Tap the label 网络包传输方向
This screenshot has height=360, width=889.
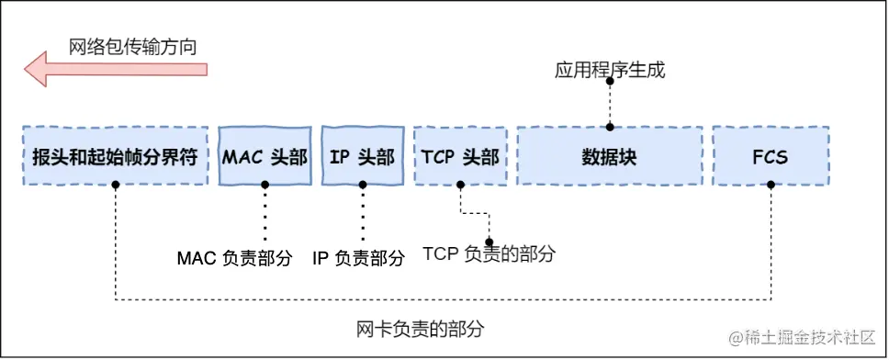(x=133, y=45)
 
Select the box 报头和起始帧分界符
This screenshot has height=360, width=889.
(x=115, y=156)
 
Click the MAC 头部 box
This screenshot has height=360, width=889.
(x=264, y=156)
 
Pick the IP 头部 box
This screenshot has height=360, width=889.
(x=362, y=156)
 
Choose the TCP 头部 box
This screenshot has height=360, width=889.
(x=460, y=156)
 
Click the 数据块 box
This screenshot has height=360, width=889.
(x=609, y=156)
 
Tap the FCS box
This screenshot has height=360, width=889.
(x=770, y=156)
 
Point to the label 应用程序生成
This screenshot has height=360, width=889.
(x=610, y=70)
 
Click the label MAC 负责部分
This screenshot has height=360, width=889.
(x=234, y=259)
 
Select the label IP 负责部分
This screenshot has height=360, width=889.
(x=358, y=259)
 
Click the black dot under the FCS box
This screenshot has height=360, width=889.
(x=771, y=185)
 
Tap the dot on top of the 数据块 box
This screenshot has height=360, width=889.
(x=609, y=128)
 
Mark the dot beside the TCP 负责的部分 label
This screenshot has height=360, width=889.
(x=489, y=242)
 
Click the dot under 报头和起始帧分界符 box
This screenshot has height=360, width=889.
(x=116, y=185)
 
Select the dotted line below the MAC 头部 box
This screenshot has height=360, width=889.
(x=264, y=213)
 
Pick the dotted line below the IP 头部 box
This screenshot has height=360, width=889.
(x=362, y=213)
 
